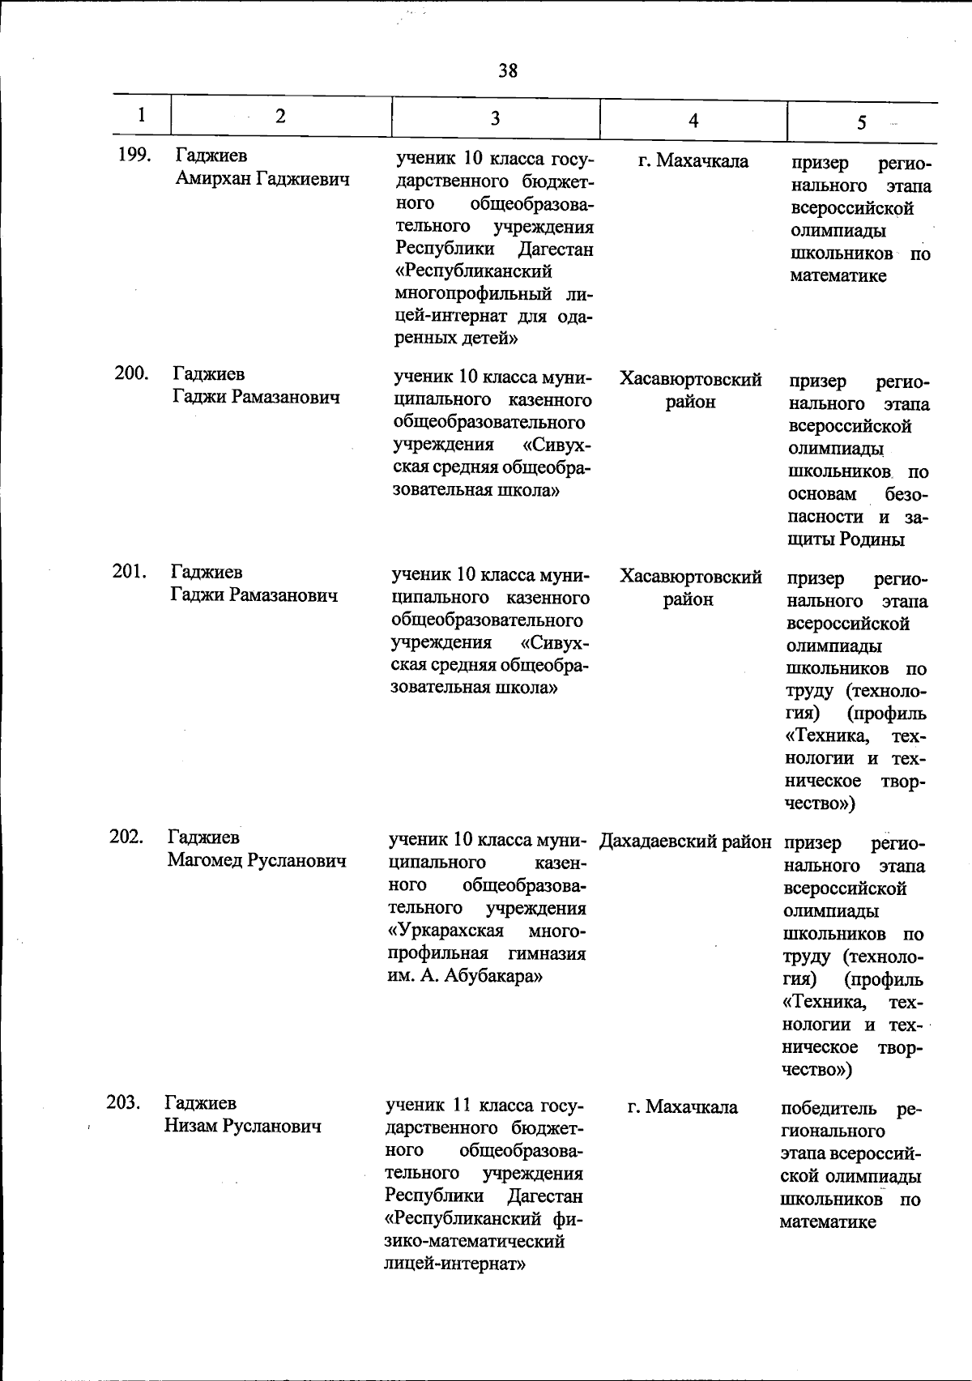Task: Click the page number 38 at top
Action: pyautogui.click(x=508, y=70)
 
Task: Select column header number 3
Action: pyautogui.click(x=495, y=118)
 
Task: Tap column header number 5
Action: pyautogui.click(x=861, y=122)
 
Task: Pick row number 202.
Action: pyautogui.click(x=126, y=836)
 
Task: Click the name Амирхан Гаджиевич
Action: pyautogui.click(x=262, y=179)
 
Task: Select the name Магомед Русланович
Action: pyautogui.click(x=257, y=860)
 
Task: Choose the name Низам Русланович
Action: pyautogui.click(x=243, y=1126)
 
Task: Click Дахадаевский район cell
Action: pyautogui.click(x=685, y=842)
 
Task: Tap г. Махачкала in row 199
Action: pyautogui.click(x=693, y=161)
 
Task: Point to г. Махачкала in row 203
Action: pyautogui.click(x=682, y=1106)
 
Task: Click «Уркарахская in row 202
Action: pyautogui.click(x=446, y=930)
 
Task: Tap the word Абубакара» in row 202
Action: pyautogui.click(x=492, y=976)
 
